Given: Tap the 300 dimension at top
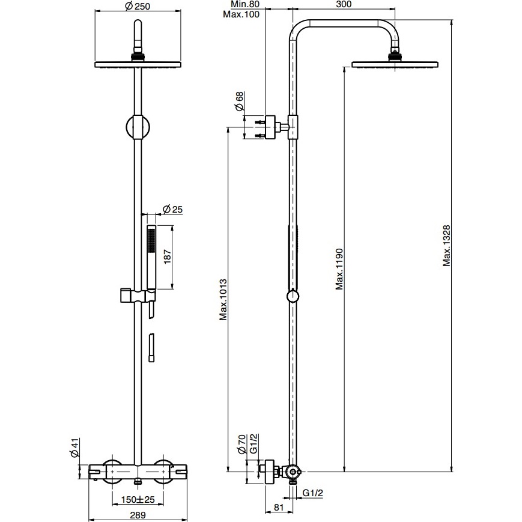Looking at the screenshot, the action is pos(344,4).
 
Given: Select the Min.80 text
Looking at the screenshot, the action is pos(245,4).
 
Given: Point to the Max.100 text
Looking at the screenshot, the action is pos(241,14).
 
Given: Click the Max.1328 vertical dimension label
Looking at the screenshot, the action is pos(446,246).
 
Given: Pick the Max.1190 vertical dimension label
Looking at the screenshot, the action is pos(339,269).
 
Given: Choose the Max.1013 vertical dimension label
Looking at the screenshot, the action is pos(223,300).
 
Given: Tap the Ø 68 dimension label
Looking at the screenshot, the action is pos(239,101).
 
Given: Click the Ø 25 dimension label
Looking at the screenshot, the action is pos(172,209).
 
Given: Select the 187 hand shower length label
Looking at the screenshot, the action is pos(167,256).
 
